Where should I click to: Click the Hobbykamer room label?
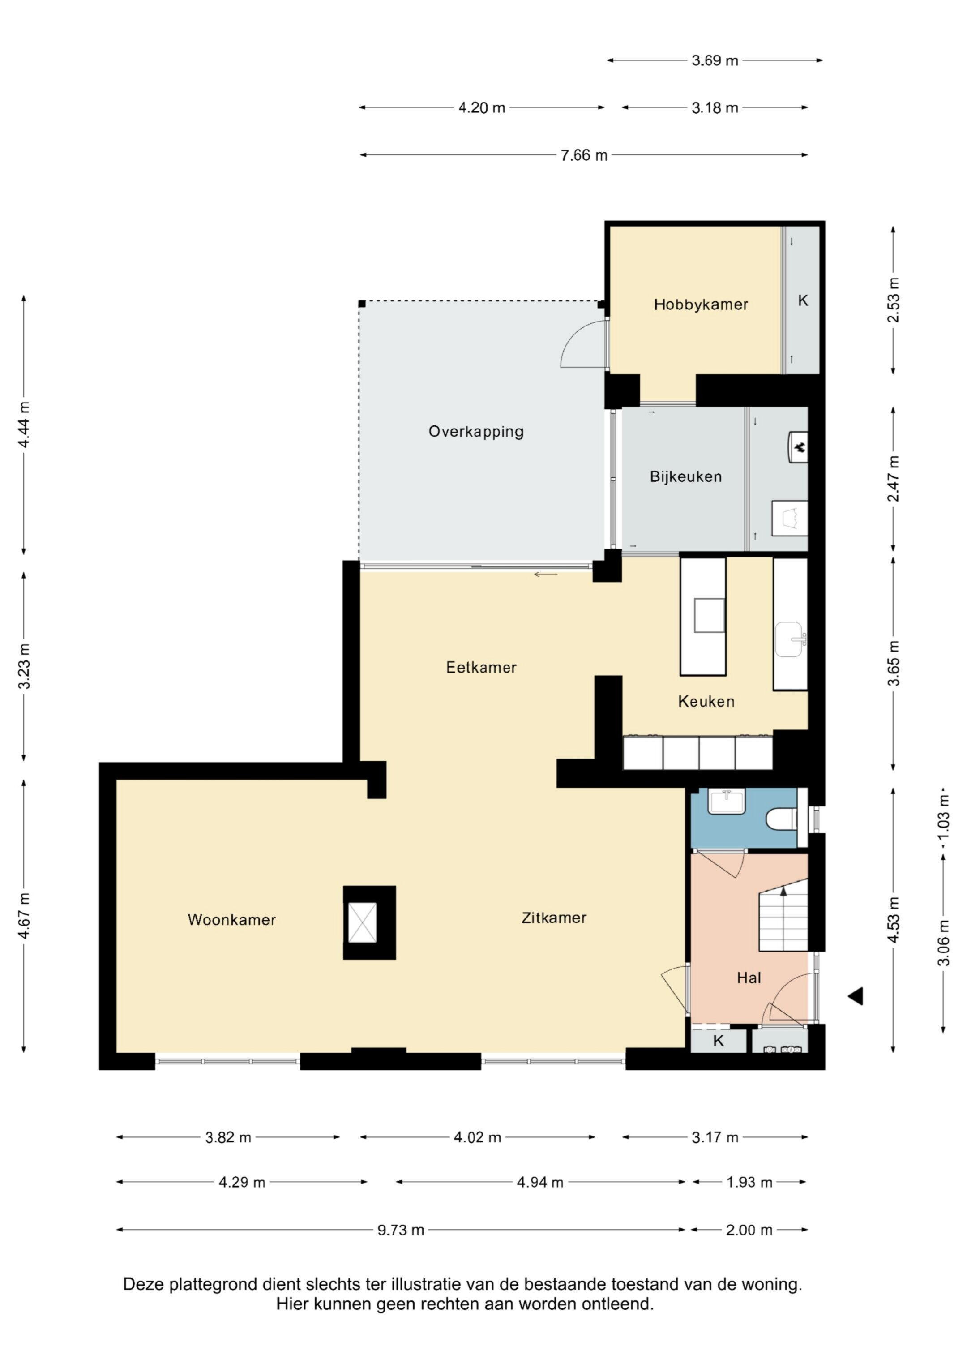coord(701,304)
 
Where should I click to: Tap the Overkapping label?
coord(476,431)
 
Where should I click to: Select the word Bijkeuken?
coord(686,476)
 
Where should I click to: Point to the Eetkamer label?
coord(481,667)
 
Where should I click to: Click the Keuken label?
coord(706,701)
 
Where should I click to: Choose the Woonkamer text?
coord(232,919)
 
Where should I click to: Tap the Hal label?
coord(749,978)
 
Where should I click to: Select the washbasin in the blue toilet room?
coord(726,801)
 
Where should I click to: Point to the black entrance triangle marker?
coord(856,995)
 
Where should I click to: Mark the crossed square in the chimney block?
coord(362,923)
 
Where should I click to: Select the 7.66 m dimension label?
coord(584,155)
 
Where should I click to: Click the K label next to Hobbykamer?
coord(803,301)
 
